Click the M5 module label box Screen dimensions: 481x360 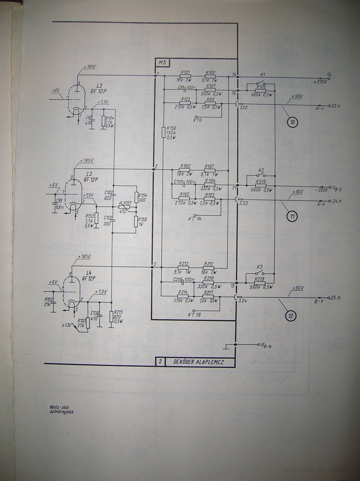tap(163, 62)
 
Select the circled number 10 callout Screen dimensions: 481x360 tap(292, 123)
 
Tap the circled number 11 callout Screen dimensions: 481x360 tap(292, 217)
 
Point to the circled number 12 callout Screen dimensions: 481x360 tap(291, 316)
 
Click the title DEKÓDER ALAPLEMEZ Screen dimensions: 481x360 tap(198, 362)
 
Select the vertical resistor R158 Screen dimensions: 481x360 tap(164, 132)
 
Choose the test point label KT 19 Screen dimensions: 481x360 tap(195, 314)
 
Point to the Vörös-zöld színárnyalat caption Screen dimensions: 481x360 tap(62, 409)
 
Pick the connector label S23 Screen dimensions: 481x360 tap(243, 203)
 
